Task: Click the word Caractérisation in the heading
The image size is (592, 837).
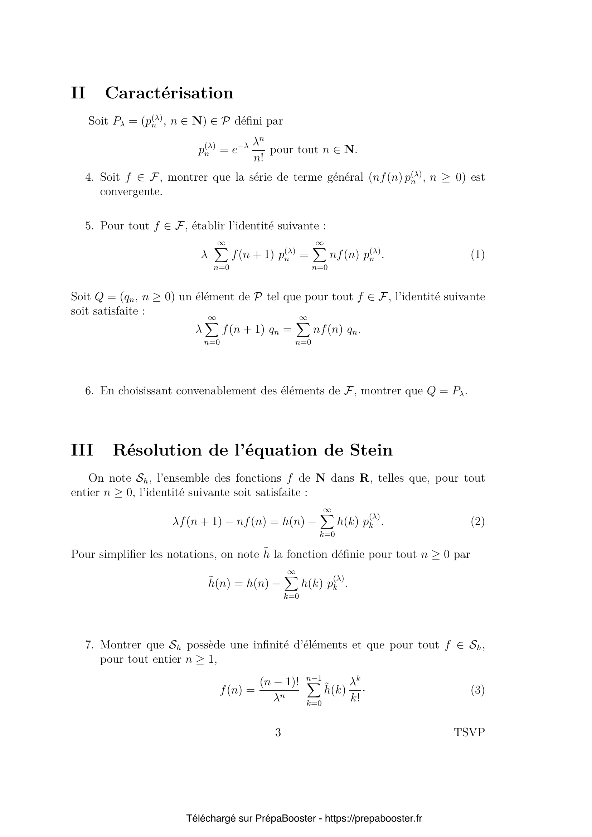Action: tap(169, 93)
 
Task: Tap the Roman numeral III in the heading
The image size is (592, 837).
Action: tap(82, 450)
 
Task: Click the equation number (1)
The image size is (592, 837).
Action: tap(477, 254)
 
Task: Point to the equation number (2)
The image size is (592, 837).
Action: tap(477, 522)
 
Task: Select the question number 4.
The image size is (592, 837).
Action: tap(89, 177)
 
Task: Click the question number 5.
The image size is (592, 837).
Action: tap(89, 226)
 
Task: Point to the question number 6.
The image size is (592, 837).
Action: tap(89, 391)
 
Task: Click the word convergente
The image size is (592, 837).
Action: tap(131, 192)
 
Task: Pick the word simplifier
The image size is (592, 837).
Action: tap(122, 554)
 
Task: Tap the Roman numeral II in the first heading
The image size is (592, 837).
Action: tap(78, 93)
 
